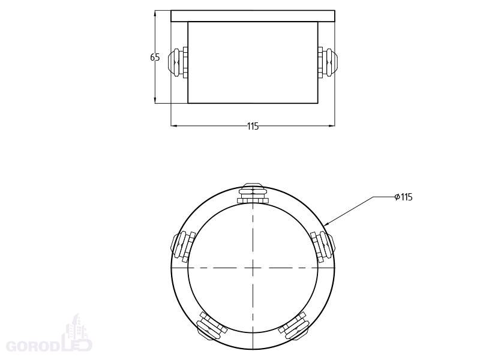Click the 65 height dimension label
click(155, 57)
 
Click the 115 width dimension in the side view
click(253, 126)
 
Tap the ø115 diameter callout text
click(403, 197)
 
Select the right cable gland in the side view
click(328, 62)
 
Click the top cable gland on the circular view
click(253, 193)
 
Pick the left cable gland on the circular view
click(183, 247)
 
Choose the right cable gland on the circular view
click(323, 247)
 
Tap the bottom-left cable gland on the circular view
click(211, 326)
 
